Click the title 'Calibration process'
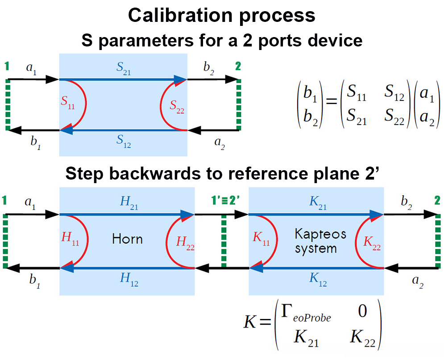[x=222, y=15]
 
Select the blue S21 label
[x=123, y=69]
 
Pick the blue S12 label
[x=123, y=141]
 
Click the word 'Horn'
[x=127, y=239]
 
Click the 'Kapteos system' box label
[x=315, y=240]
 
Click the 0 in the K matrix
[x=363, y=312]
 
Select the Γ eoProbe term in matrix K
[x=303, y=314]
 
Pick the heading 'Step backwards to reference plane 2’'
[x=222, y=174]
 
